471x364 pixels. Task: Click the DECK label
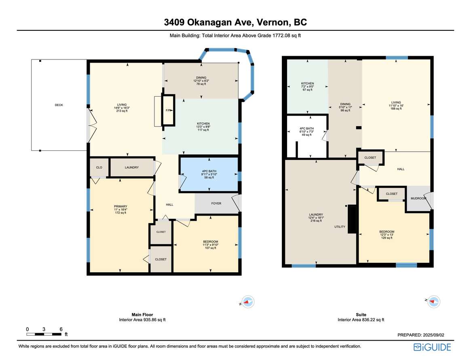(x=59, y=105)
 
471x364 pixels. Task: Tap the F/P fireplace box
(x=168, y=110)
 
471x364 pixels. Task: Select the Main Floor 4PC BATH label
(x=209, y=171)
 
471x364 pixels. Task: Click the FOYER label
(x=216, y=203)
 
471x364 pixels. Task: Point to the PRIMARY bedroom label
(x=120, y=207)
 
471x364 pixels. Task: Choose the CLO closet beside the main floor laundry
(x=99, y=167)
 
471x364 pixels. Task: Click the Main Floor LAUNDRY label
(x=131, y=167)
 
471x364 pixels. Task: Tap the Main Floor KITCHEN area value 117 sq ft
(x=203, y=130)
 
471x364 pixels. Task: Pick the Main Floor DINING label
(x=201, y=78)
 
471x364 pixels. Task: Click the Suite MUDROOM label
(x=418, y=199)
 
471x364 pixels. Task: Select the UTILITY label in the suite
(x=340, y=226)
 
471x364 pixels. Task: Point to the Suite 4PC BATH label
(x=307, y=128)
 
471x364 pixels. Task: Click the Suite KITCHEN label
(x=308, y=83)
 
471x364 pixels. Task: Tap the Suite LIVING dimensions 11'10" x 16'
(x=396, y=106)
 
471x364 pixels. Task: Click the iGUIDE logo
(x=432, y=347)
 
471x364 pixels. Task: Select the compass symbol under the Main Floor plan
(x=248, y=302)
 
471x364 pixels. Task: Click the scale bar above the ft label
(x=44, y=334)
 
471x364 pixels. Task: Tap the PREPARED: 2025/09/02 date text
(x=421, y=335)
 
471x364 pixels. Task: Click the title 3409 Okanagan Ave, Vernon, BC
(x=235, y=22)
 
